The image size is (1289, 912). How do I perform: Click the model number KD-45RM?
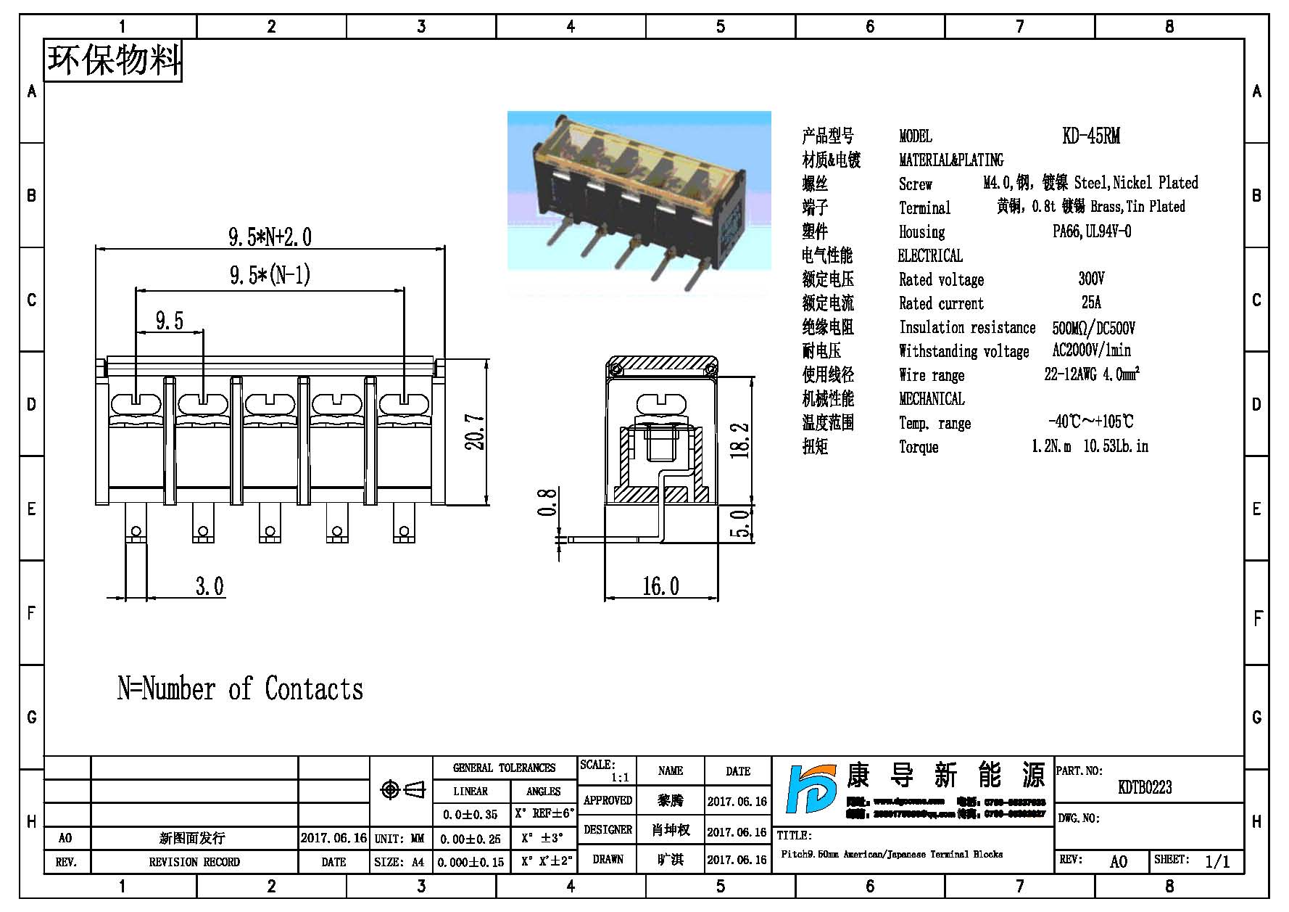pyautogui.click(x=1090, y=136)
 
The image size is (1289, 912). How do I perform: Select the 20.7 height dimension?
pyautogui.click(x=475, y=432)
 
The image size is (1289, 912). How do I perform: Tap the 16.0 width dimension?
pyautogui.click(x=660, y=586)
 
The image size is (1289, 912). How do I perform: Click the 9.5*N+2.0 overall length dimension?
pyautogui.click(x=270, y=237)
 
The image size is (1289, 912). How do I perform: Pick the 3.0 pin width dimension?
pyautogui.click(x=210, y=586)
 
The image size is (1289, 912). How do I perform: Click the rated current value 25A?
pyautogui.click(x=1090, y=303)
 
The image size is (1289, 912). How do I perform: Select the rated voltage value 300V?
pyautogui.click(x=1090, y=279)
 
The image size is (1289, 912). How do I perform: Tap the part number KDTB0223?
pyautogui.click(x=1145, y=787)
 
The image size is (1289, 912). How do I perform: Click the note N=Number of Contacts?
pyautogui.click(x=240, y=689)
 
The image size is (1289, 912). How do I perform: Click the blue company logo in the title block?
pyautogui.click(x=813, y=790)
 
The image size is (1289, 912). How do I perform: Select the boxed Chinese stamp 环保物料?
pyautogui.click(x=114, y=59)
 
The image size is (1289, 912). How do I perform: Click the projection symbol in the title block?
pyautogui.click(x=402, y=789)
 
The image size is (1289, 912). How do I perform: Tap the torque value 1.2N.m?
pyautogui.click(x=1050, y=446)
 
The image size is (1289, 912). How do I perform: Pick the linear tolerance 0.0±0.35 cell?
pyautogui.click(x=470, y=815)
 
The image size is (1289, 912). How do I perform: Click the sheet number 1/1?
pyautogui.click(x=1217, y=861)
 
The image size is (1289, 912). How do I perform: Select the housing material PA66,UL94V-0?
pyautogui.click(x=1091, y=231)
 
